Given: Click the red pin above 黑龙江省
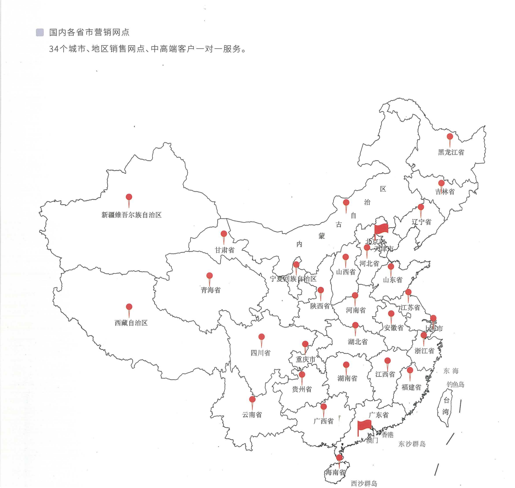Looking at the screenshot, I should click(450, 137).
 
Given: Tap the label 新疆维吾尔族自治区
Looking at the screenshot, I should click(131, 215).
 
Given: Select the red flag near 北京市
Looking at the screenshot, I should click(381, 228).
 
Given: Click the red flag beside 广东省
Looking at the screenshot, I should click(364, 425).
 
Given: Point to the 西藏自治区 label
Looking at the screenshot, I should click(131, 323).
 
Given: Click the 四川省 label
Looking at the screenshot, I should click(260, 353).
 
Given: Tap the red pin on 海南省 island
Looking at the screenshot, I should click(339, 458).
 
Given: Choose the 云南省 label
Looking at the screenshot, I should click(252, 415).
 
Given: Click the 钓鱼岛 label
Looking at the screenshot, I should click(455, 384).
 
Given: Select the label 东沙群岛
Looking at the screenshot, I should click(412, 444).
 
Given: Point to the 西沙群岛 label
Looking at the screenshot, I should click(364, 483).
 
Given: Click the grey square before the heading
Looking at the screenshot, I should click(40, 32).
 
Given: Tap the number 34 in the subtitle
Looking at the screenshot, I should click(54, 49).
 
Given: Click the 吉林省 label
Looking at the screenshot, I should click(445, 192).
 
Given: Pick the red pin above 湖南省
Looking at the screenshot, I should click(346, 365).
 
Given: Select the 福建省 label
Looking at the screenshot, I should click(411, 387).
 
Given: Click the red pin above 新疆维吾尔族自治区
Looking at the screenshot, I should click(129, 197).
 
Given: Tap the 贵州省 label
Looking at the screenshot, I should click(302, 389).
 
